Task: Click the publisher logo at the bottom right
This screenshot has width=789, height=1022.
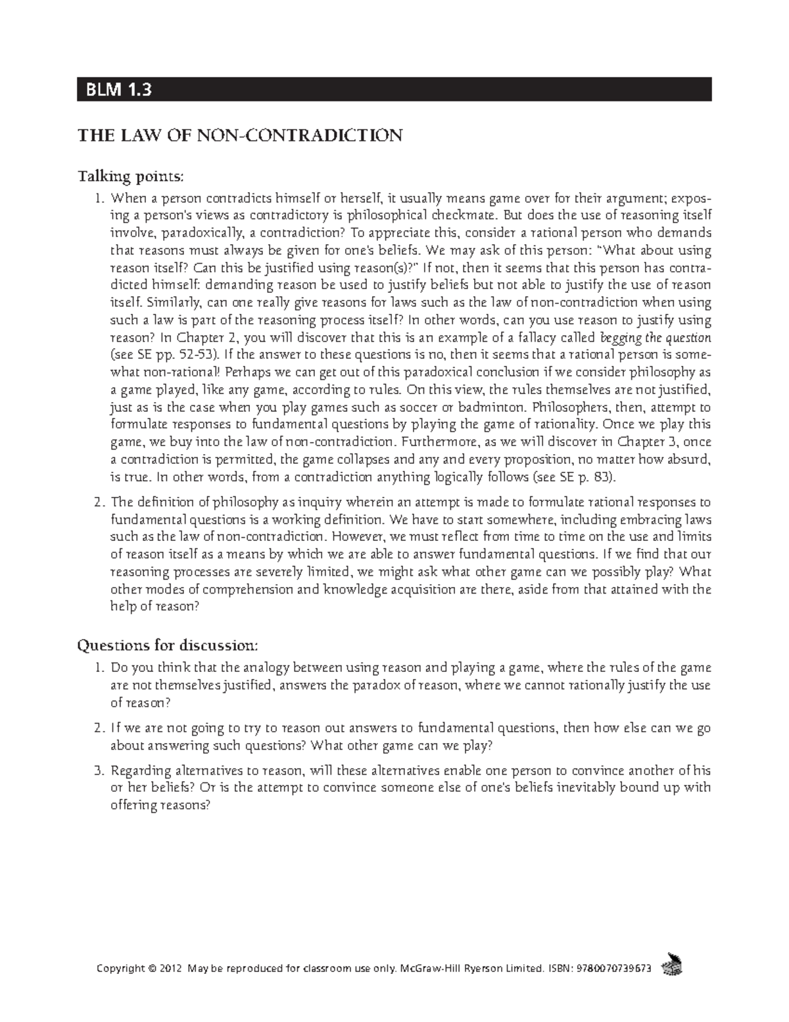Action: [x=673, y=963]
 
